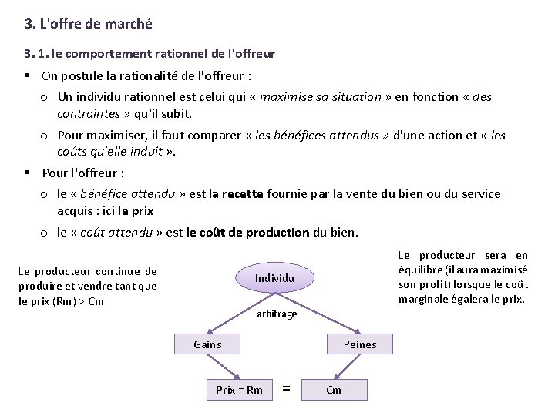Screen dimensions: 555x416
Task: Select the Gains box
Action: click(x=207, y=344)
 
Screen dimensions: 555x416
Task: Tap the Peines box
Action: click(x=360, y=344)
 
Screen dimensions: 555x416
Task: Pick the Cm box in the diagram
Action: click(x=334, y=390)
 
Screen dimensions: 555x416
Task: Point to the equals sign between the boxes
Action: click(x=287, y=390)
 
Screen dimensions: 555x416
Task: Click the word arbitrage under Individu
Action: click(x=277, y=314)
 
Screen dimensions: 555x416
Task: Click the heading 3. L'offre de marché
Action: click(x=89, y=24)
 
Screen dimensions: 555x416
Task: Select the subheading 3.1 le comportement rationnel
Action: click(x=150, y=54)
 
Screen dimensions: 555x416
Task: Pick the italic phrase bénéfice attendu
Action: click(x=129, y=194)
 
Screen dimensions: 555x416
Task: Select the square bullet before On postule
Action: click(x=28, y=76)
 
